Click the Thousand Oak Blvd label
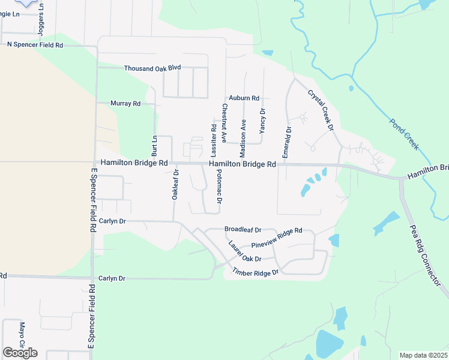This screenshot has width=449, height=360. pos(152,68)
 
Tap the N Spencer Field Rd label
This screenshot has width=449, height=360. pos(35,44)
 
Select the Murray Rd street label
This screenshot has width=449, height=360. pos(125,103)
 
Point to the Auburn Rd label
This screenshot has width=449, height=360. pos(244,98)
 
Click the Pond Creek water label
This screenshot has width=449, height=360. pos(403,134)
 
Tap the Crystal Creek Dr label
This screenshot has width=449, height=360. pos(320,110)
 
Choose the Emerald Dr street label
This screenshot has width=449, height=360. pos(289,138)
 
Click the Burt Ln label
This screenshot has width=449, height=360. pos(154,146)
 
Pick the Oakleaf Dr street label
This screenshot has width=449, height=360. pos(176,185)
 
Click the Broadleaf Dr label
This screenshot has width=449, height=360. pos(243,229)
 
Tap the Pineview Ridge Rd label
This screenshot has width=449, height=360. pos(276,238)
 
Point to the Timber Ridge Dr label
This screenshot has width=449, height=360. pos(256,272)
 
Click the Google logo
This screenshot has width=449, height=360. pos(20,353)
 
